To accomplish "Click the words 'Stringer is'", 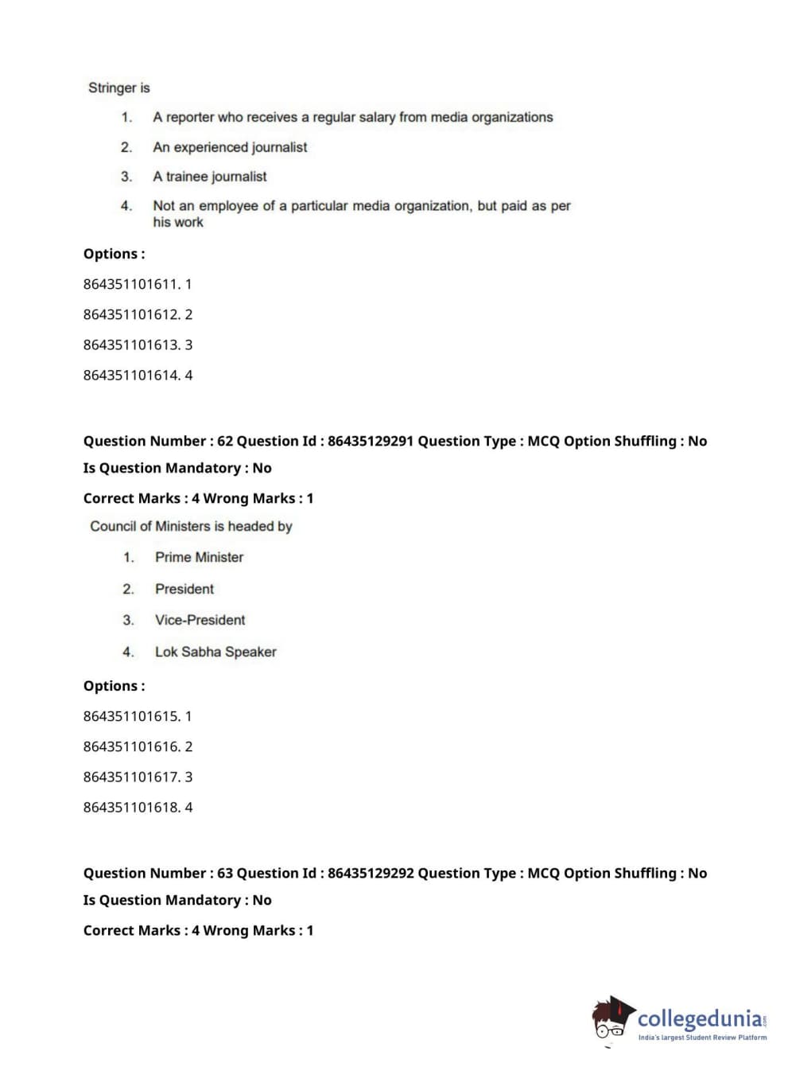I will pos(118,88).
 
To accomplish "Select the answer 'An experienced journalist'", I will pos(230,147).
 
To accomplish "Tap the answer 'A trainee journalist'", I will pos(209,177).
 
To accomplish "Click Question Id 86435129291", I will pos(370,441).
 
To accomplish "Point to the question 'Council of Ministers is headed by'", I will pos(191,526).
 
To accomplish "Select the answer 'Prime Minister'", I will pos(199,557).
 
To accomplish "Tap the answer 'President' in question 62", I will pos(184,589).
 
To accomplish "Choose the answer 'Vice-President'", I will pos(200,620).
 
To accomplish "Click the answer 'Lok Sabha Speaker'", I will pos(216,652).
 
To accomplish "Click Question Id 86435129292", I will pos(370,873).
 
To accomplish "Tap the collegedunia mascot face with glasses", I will pos(611,1021).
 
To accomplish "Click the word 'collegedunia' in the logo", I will pos(700,1019).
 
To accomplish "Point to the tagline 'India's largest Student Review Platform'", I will pos(702,1038).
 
